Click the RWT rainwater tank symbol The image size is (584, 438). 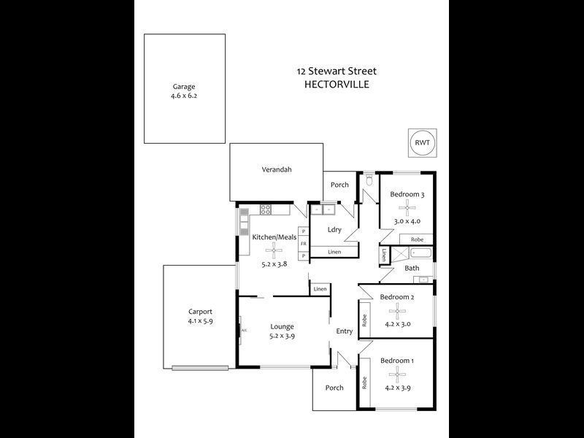point(421,143)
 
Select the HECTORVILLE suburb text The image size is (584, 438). point(337,84)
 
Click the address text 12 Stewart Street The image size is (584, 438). point(337,71)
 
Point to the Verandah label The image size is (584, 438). point(277,169)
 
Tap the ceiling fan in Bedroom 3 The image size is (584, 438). point(407,208)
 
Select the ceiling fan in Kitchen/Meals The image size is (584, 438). point(274,251)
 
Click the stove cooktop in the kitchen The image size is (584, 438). point(266,210)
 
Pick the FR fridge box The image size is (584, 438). point(303,244)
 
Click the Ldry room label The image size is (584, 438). point(335,230)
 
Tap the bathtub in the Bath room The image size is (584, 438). point(420,253)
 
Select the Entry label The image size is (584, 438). point(344,331)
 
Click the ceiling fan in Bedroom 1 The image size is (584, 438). point(397,374)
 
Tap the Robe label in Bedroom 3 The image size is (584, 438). point(417,239)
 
